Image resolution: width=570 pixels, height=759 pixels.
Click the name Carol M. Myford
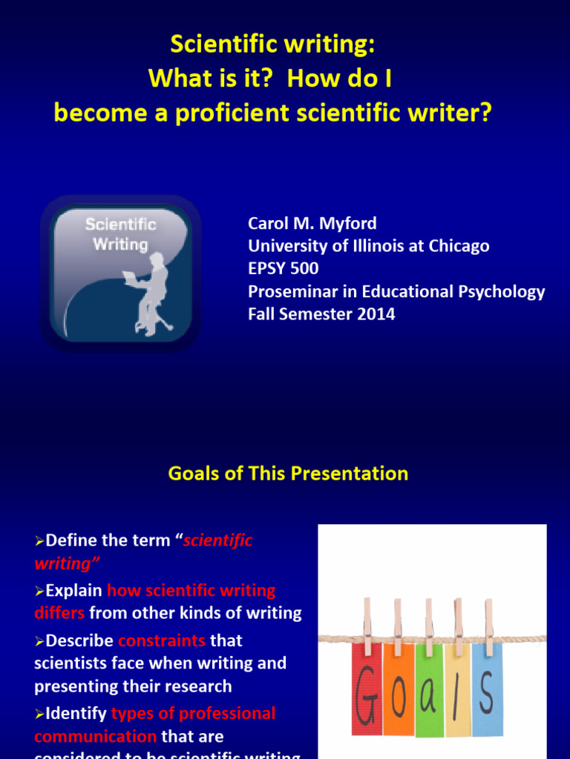pyautogui.click(x=312, y=223)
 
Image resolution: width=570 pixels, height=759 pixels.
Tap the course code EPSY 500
pyautogui.click(x=284, y=268)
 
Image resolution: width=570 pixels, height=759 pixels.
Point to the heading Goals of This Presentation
pyautogui.click(x=288, y=474)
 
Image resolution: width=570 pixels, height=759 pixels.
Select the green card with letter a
pyautogui.click(x=429, y=689)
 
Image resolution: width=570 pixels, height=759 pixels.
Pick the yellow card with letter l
pyautogui.click(x=457, y=689)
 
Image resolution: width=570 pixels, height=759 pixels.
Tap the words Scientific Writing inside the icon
pyautogui.click(x=120, y=233)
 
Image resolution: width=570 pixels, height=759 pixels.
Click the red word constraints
pyautogui.click(x=161, y=640)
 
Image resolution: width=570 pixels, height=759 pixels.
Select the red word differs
pyautogui.click(x=59, y=613)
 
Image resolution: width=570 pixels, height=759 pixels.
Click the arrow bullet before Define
pyautogui.click(x=40, y=542)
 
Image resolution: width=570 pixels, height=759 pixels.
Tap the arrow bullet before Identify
pyautogui.click(x=40, y=715)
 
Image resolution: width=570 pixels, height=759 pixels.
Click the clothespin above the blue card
pyautogui.click(x=488, y=619)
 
